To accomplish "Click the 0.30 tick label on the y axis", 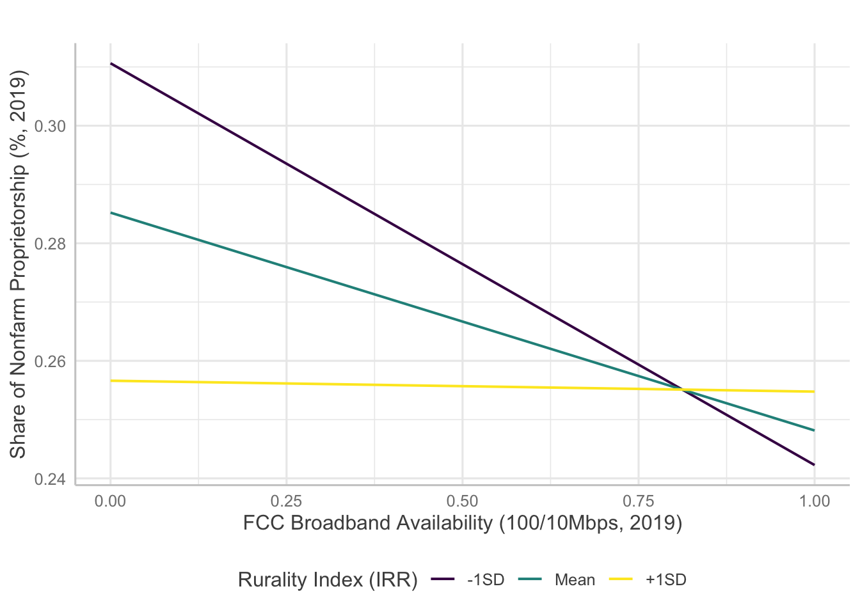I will pos(50,127).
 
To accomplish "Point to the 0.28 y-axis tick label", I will pos(50,244).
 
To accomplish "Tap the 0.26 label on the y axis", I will pos(50,361).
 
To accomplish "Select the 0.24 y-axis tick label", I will pos(50,479).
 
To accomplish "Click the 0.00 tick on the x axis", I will pos(110,501).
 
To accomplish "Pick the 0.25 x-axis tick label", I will pos(286,501).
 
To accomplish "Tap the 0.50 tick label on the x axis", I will pos(462,501).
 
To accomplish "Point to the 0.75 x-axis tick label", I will pos(638,501).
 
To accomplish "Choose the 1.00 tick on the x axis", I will pos(814,501).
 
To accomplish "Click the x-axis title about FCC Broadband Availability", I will pos(462,523).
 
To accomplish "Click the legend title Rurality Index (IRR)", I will pos(328,580).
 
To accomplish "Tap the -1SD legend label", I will pos(486,580).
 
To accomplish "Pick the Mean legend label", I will pos(575,580).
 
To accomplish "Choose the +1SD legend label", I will pos(665,580).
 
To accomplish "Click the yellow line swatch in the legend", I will pos(620,580).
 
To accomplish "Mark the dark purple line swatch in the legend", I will pos(443,580).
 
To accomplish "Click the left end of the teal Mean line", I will pos(111,213).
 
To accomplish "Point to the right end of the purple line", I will pos(814,464).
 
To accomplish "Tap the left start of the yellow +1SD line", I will pos(111,381).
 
